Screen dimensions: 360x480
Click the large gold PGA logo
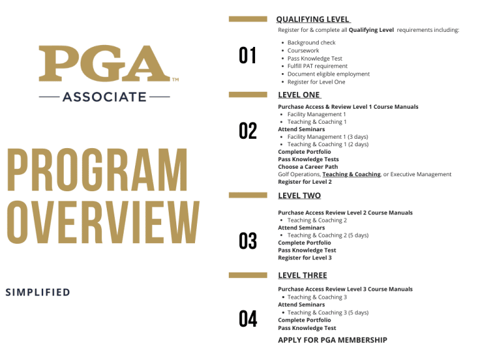pyautogui.click(x=104, y=64)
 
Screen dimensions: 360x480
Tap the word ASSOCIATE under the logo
pyautogui.click(x=104, y=97)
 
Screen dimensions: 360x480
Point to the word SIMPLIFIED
pyautogui.click(x=37, y=292)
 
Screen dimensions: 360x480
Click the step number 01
pyautogui.click(x=248, y=56)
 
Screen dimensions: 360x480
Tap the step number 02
pyautogui.click(x=248, y=131)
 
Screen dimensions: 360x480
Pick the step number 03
pyautogui.click(x=248, y=241)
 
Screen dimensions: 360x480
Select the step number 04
pyautogui.click(x=248, y=319)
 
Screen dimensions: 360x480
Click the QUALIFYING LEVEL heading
pyautogui.click(x=312, y=19)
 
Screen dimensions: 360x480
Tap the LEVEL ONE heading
pyautogui.click(x=299, y=95)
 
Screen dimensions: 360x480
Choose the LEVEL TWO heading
pyautogui.click(x=299, y=196)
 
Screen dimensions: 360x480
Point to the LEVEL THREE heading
pyautogui.click(x=302, y=275)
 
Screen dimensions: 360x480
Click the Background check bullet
pyautogui.click(x=311, y=42)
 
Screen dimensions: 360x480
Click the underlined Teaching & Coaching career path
pyautogui.click(x=351, y=174)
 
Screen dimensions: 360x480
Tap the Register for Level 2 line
pyautogui.click(x=305, y=182)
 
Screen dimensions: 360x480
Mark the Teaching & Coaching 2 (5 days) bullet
pyautogui.click(x=327, y=235)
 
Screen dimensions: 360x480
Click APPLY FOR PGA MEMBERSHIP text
pyautogui.click(x=332, y=340)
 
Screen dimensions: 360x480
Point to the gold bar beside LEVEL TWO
pyautogui.click(x=248, y=196)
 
